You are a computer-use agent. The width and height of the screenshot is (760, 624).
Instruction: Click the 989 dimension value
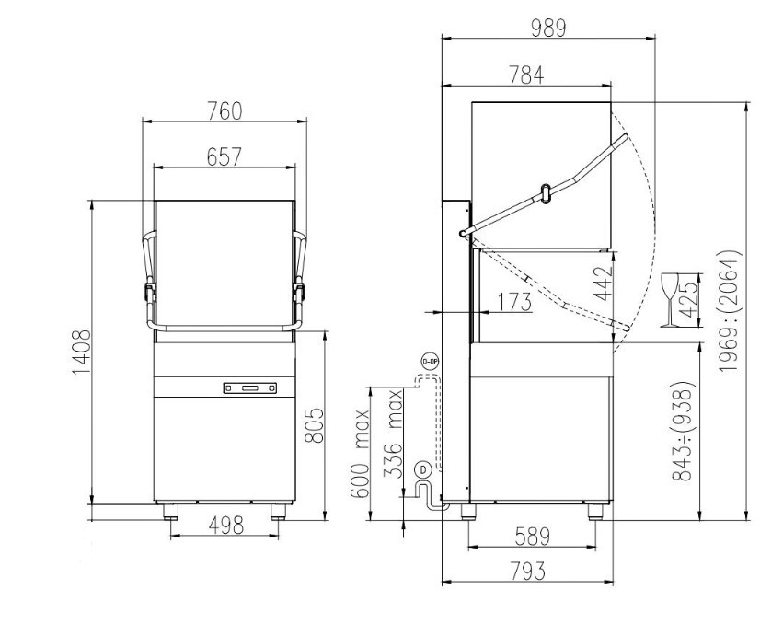pyautogui.click(x=548, y=29)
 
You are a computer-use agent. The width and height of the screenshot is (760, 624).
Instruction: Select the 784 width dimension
pyautogui.click(x=526, y=75)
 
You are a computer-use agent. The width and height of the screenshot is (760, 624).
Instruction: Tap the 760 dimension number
pyautogui.click(x=225, y=111)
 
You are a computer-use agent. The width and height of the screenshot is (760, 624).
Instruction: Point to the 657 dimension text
pyautogui.click(x=224, y=156)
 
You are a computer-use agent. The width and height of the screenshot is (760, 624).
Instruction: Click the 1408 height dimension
pyautogui.click(x=81, y=352)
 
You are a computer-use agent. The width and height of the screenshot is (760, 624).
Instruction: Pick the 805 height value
pyautogui.click(x=313, y=425)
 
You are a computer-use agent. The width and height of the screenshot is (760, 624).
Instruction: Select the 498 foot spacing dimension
pyautogui.click(x=225, y=526)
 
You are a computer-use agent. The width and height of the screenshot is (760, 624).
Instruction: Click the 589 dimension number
pyautogui.click(x=532, y=537)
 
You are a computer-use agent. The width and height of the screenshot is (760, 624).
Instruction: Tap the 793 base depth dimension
pyautogui.click(x=528, y=572)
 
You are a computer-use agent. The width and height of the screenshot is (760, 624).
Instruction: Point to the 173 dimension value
pyautogui.click(x=514, y=302)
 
